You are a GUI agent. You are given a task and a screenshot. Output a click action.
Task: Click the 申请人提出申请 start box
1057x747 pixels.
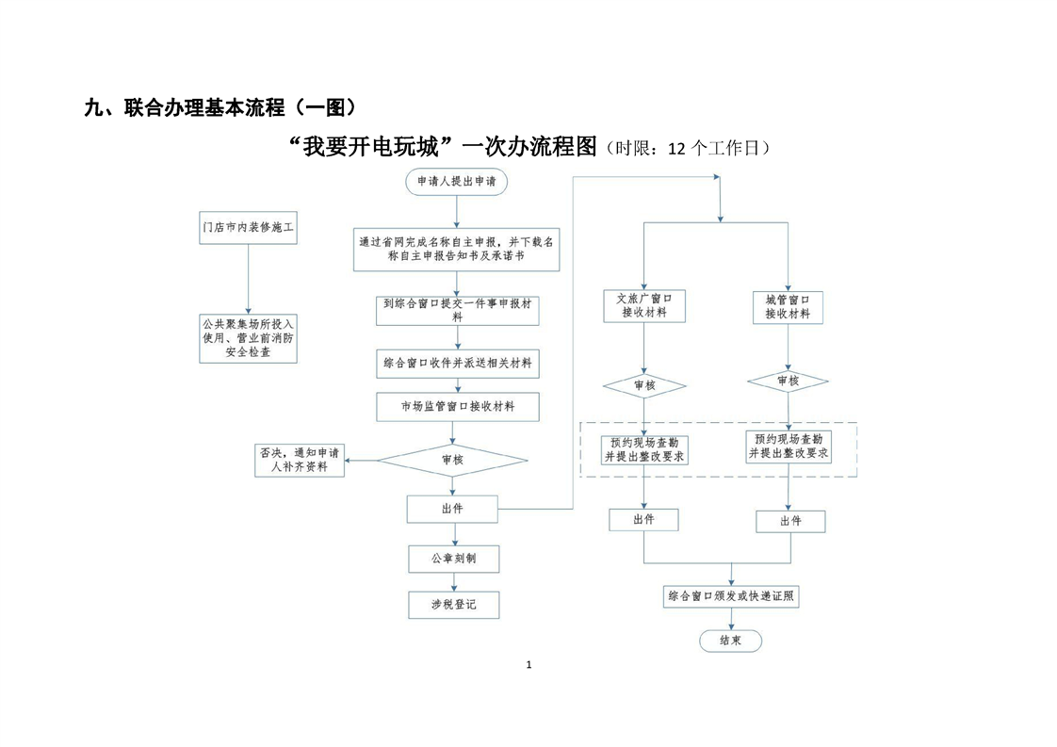click(457, 181)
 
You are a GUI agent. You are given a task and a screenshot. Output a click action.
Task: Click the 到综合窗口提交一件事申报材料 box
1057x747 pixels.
click(457, 310)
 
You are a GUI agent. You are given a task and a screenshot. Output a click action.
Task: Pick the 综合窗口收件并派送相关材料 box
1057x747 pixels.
click(457, 363)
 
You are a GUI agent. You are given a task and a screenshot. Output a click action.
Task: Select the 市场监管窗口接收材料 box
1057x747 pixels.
click(457, 407)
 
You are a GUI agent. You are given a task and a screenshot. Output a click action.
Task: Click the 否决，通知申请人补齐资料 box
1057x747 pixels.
click(299, 460)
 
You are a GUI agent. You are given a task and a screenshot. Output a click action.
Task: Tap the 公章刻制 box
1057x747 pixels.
click(453, 559)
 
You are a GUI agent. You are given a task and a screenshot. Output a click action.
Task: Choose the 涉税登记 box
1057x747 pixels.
click(453, 605)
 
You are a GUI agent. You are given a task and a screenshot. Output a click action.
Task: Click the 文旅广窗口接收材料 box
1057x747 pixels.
click(644, 305)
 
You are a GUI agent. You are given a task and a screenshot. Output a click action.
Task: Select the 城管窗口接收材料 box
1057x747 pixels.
click(788, 306)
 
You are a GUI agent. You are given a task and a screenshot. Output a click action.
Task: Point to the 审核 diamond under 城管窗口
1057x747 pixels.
click(788, 382)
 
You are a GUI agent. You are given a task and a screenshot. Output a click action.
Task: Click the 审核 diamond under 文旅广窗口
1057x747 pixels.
click(644, 385)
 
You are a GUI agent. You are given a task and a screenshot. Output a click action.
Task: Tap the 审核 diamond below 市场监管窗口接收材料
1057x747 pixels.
click(452, 461)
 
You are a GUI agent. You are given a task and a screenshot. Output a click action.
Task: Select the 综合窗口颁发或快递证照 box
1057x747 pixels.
click(733, 596)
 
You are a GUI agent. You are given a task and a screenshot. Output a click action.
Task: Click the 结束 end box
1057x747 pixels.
click(730, 641)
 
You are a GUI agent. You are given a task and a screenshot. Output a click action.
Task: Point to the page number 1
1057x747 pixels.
click(528, 665)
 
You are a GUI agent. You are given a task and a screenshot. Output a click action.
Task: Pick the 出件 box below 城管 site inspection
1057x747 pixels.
click(791, 522)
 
